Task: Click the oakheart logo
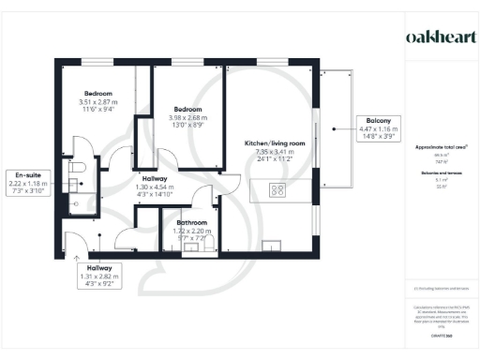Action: coord(439,37)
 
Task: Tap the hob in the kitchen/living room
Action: coord(277,192)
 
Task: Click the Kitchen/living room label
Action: coord(269,142)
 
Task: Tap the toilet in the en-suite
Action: coord(78,167)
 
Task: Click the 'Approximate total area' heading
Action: coord(439,148)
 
